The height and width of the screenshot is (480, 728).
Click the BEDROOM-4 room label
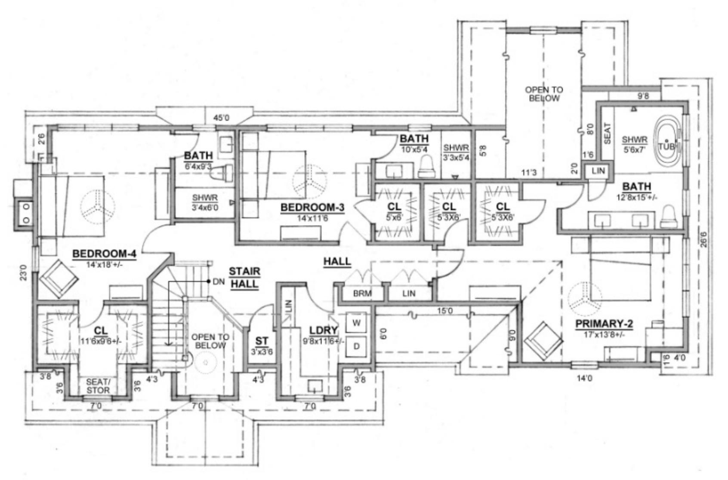coord(104,254)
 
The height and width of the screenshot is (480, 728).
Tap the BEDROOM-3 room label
coord(312,208)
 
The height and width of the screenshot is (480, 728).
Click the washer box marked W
coord(356,322)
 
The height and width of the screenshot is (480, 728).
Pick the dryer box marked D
coord(356,345)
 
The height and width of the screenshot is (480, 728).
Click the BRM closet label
coord(362,294)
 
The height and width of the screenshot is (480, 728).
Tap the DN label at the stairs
coord(219,282)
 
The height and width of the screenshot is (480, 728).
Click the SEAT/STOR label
coord(98,386)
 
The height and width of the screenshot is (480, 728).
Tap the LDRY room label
coord(324,330)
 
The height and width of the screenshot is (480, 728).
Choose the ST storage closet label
coord(262,341)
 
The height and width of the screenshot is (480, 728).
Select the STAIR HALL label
coord(244,278)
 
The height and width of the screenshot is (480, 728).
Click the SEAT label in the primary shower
coord(607,134)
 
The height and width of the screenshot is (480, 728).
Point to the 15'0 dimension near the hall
coord(444,310)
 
